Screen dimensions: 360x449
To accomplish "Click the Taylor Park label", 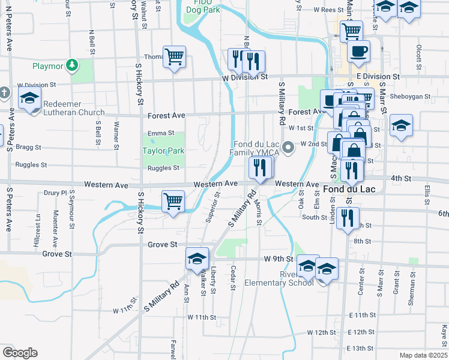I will click(163, 151).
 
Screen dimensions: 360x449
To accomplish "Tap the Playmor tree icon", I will click(71, 64).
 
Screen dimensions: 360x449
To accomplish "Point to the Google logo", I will click(20, 353).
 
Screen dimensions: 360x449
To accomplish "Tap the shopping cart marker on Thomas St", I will click(174, 57).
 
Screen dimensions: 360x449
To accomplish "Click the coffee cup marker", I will click(359, 51).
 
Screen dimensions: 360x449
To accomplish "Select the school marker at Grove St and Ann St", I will click(197, 259).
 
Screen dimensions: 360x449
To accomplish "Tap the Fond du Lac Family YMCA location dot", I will click(288, 146).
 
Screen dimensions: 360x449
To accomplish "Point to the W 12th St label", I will click(321, 332).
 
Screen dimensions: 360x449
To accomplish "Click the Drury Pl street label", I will click(56, 193).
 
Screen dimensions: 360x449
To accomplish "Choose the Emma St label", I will click(161, 133).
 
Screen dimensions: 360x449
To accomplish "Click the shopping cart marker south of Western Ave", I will click(173, 201).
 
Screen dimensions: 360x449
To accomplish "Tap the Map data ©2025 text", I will click(424, 355).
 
